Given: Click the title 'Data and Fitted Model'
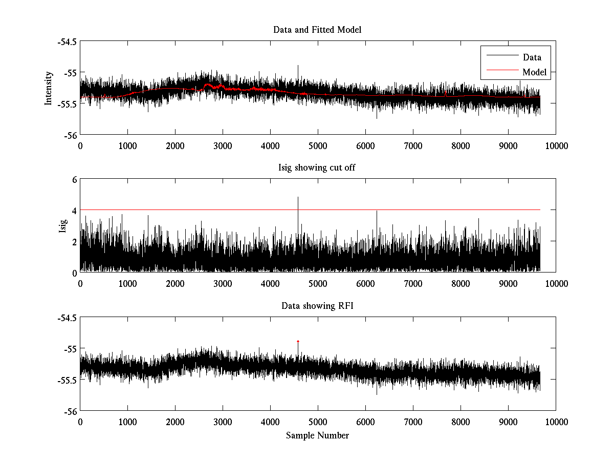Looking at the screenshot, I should coord(317,30).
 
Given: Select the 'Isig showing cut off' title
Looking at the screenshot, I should coord(317,167).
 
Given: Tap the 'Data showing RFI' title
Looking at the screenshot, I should coord(317,306).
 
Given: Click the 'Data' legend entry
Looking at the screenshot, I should coord(532,57).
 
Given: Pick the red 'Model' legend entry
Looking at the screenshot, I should coord(534,72).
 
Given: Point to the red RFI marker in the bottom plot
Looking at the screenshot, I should coord(298,341).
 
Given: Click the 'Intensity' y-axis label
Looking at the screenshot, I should coord(49,88).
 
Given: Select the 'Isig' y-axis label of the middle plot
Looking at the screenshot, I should coord(62,226).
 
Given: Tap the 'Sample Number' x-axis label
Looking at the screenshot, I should coord(317,435).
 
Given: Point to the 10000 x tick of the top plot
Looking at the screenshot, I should coord(556,145).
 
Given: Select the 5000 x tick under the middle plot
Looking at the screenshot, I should coord(318,283).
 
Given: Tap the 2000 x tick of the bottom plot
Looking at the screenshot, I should coord(175,422).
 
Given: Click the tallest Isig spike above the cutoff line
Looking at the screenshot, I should coord(298,198).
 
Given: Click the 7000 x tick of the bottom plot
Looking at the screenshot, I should coord(413,422).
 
